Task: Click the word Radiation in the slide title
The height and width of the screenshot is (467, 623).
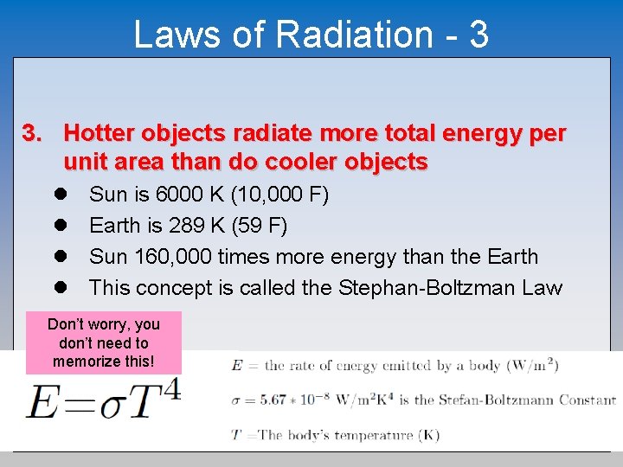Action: [354, 35]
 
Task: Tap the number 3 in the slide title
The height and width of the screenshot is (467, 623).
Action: [478, 35]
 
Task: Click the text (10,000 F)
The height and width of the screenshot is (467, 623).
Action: [279, 194]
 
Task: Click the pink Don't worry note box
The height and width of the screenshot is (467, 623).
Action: [104, 342]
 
